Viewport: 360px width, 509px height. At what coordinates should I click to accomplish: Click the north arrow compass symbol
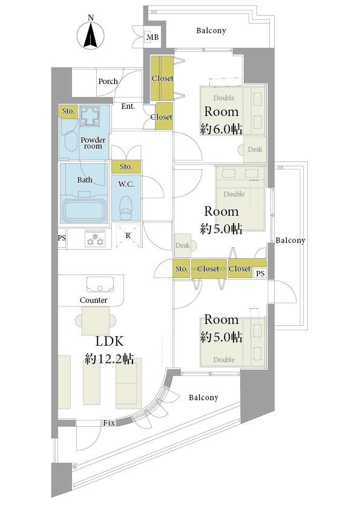91,34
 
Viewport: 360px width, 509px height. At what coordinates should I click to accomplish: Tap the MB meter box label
152,37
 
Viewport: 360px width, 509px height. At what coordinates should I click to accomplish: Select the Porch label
108,81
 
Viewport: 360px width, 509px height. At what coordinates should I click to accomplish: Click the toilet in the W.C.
125,208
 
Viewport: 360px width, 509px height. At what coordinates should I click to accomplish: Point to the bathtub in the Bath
84,210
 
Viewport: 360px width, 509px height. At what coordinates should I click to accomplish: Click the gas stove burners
95,239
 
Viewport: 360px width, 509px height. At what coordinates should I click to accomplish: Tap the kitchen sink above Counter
100,285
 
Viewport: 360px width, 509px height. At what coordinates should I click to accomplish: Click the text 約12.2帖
109,358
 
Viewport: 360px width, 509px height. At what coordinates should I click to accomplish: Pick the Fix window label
109,423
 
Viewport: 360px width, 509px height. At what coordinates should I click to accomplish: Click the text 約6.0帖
221,129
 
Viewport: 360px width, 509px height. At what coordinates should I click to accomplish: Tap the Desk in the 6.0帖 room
254,150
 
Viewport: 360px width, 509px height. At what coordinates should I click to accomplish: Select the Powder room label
93,143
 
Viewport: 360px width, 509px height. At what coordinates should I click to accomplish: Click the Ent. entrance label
128,106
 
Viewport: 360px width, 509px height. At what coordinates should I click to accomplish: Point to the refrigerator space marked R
128,236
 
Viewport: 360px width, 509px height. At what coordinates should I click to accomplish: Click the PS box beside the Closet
260,273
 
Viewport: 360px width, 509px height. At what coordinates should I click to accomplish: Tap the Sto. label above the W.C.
126,166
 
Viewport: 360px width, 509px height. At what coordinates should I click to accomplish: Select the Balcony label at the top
211,30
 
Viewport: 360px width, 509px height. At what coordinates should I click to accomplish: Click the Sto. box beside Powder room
68,111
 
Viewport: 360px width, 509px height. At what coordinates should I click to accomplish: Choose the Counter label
94,300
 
